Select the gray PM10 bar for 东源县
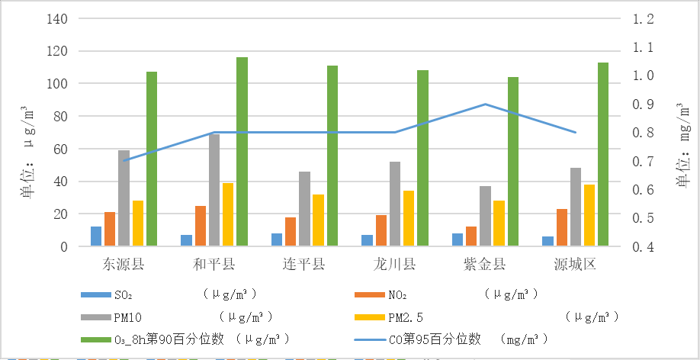124,198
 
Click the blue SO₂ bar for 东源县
96,236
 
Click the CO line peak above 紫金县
485,104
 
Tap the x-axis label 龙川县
395,265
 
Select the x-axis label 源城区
576,265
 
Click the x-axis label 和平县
214,265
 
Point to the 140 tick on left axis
57,19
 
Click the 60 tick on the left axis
60,149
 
